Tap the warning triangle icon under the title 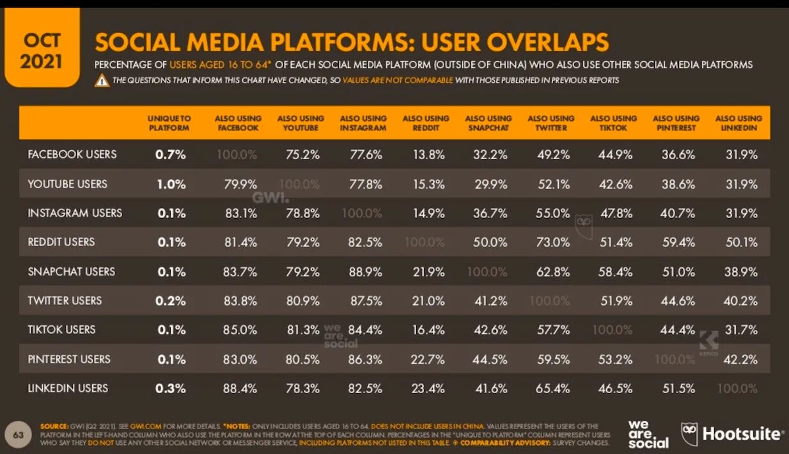(x=102, y=81)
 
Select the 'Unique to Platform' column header (x=169, y=123)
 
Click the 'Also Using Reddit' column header (x=426, y=123)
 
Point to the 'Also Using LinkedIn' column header (x=738, y=123)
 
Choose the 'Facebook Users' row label (x=72, y=154)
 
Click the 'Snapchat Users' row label (x=72, y=271)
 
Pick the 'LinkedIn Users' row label (x=68, y=388)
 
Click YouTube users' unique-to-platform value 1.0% (x=171, y=184)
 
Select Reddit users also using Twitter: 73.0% (x=553, y=242)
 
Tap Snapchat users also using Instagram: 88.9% (x=366, y=272)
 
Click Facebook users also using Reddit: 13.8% (x=428, y=155)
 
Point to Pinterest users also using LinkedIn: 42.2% (x=740, y=359)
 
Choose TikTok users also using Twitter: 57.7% (x=553, y=330)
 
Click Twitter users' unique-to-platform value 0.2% (x=171, y=301)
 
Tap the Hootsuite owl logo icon (x=689, y=434)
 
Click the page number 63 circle (x=19, y=435)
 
